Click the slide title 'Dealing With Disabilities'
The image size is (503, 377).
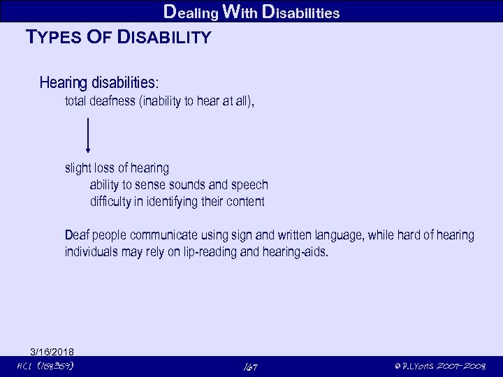251,11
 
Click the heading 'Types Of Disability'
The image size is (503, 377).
117,37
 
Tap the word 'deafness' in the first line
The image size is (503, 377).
113,101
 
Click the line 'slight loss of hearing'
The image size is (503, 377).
117,168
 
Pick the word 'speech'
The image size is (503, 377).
249,185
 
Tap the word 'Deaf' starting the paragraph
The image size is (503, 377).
77,235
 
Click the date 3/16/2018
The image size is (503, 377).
52,351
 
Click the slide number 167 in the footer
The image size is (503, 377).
251,366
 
